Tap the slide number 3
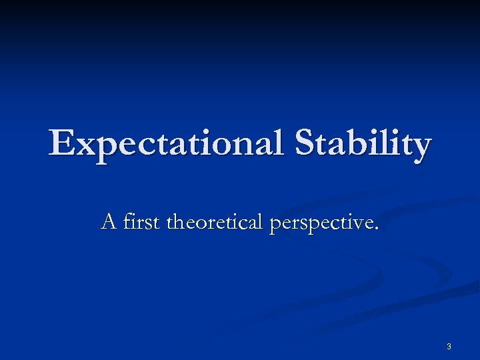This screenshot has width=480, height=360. click(x=449, y=346)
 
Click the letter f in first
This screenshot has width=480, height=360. click(x=127, y=220)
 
